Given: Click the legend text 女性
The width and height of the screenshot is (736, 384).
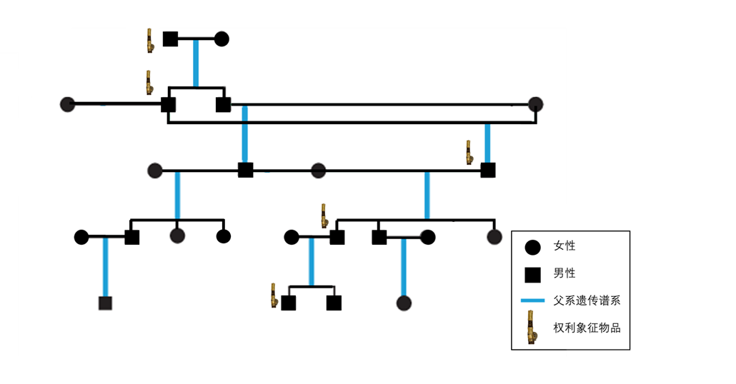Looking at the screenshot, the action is pyautogui.click(x=565, y=246).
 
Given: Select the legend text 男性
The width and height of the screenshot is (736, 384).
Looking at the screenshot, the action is pyautogui.click(x=565, y=273).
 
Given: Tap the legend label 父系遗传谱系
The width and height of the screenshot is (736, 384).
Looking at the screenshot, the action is pyautogui.click(x=587, y=300).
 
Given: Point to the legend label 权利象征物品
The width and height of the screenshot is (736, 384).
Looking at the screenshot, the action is pyautogui.click(x=587, y=328).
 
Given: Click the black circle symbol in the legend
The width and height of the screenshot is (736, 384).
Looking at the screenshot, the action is pyautogui.click(x=532, y=247).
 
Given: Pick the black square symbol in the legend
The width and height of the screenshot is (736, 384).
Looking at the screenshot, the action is pyautogui.click(x=532, y=275).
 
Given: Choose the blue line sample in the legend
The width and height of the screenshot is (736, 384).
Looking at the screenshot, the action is pyautogui.click(x=533, y=300).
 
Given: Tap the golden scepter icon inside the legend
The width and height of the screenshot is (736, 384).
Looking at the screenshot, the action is pyautogui.click(x=532, y=328).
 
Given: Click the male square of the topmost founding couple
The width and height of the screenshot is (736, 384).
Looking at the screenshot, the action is pyautogui.click(x=170, y=39).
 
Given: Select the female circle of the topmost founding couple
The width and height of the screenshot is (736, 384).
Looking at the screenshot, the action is pyautogui.click(x=222, y=39).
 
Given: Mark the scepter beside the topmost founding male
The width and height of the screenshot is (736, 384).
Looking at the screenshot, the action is pyautogui.click(x=150, y=41).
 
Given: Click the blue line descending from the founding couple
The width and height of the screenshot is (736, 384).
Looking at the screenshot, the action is pyautogui.click(x=196, y=64).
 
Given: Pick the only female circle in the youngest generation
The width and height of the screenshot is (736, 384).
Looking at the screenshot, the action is pyautogui.click(x=404, y=303).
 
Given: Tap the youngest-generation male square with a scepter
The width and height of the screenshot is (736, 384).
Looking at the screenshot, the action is pyautogui.click(x=288, y=303).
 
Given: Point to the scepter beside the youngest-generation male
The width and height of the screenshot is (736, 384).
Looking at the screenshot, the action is pyautogui.click(x=274, y=295).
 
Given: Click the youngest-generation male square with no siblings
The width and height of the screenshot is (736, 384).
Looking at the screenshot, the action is pyautogui.click(x=105, y=303).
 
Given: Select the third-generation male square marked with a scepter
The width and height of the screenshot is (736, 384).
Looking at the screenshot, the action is pyautogui.click(x=488, y=170).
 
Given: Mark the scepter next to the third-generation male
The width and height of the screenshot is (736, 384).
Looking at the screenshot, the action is pyautogui.click(x=469, y=152).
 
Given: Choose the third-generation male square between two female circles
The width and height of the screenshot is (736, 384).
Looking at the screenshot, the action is pyautogui.click(x=246, y=170).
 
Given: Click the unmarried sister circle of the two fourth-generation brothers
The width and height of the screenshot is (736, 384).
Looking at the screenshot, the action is pyautogui.click(x=494, y=237).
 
